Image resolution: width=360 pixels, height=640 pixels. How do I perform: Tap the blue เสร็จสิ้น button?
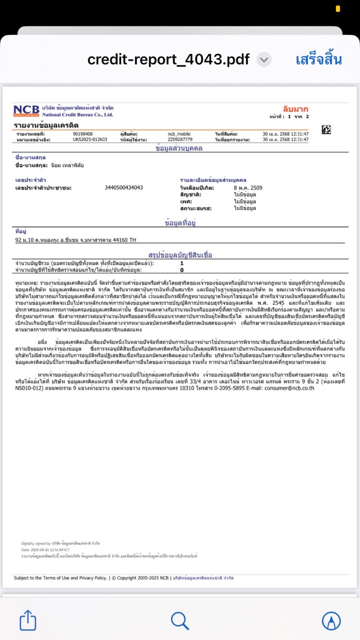(318, 60)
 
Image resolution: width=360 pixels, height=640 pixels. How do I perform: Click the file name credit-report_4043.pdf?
(168, 60)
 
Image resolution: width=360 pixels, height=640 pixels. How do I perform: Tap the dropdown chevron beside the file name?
(264, 60)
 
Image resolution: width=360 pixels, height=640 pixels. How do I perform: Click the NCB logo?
(26, 111)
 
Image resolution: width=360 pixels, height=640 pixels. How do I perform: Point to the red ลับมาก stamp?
(295, 109)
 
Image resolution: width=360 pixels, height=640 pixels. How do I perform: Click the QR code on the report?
(326, 129)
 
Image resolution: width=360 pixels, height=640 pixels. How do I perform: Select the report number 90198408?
(82, 134)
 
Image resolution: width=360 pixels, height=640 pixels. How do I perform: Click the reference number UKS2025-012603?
(90, 139)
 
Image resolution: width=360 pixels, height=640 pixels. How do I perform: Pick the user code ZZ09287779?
(180, 139)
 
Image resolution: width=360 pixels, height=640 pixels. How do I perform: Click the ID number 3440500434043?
(124, 187)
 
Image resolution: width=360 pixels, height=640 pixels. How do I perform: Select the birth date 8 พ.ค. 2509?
(248, 187)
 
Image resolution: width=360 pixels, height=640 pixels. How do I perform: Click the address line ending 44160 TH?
(76, 240)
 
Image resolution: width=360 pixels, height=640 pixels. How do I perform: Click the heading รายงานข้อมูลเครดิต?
(46, 125)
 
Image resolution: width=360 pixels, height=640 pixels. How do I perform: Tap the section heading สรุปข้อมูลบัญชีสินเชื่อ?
(180, 255)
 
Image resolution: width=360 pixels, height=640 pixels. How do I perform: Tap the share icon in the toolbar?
(28, 620)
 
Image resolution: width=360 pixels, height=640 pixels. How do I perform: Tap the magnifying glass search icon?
(179, 620)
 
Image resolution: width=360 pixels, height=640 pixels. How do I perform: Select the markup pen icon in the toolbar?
(330, 620)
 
